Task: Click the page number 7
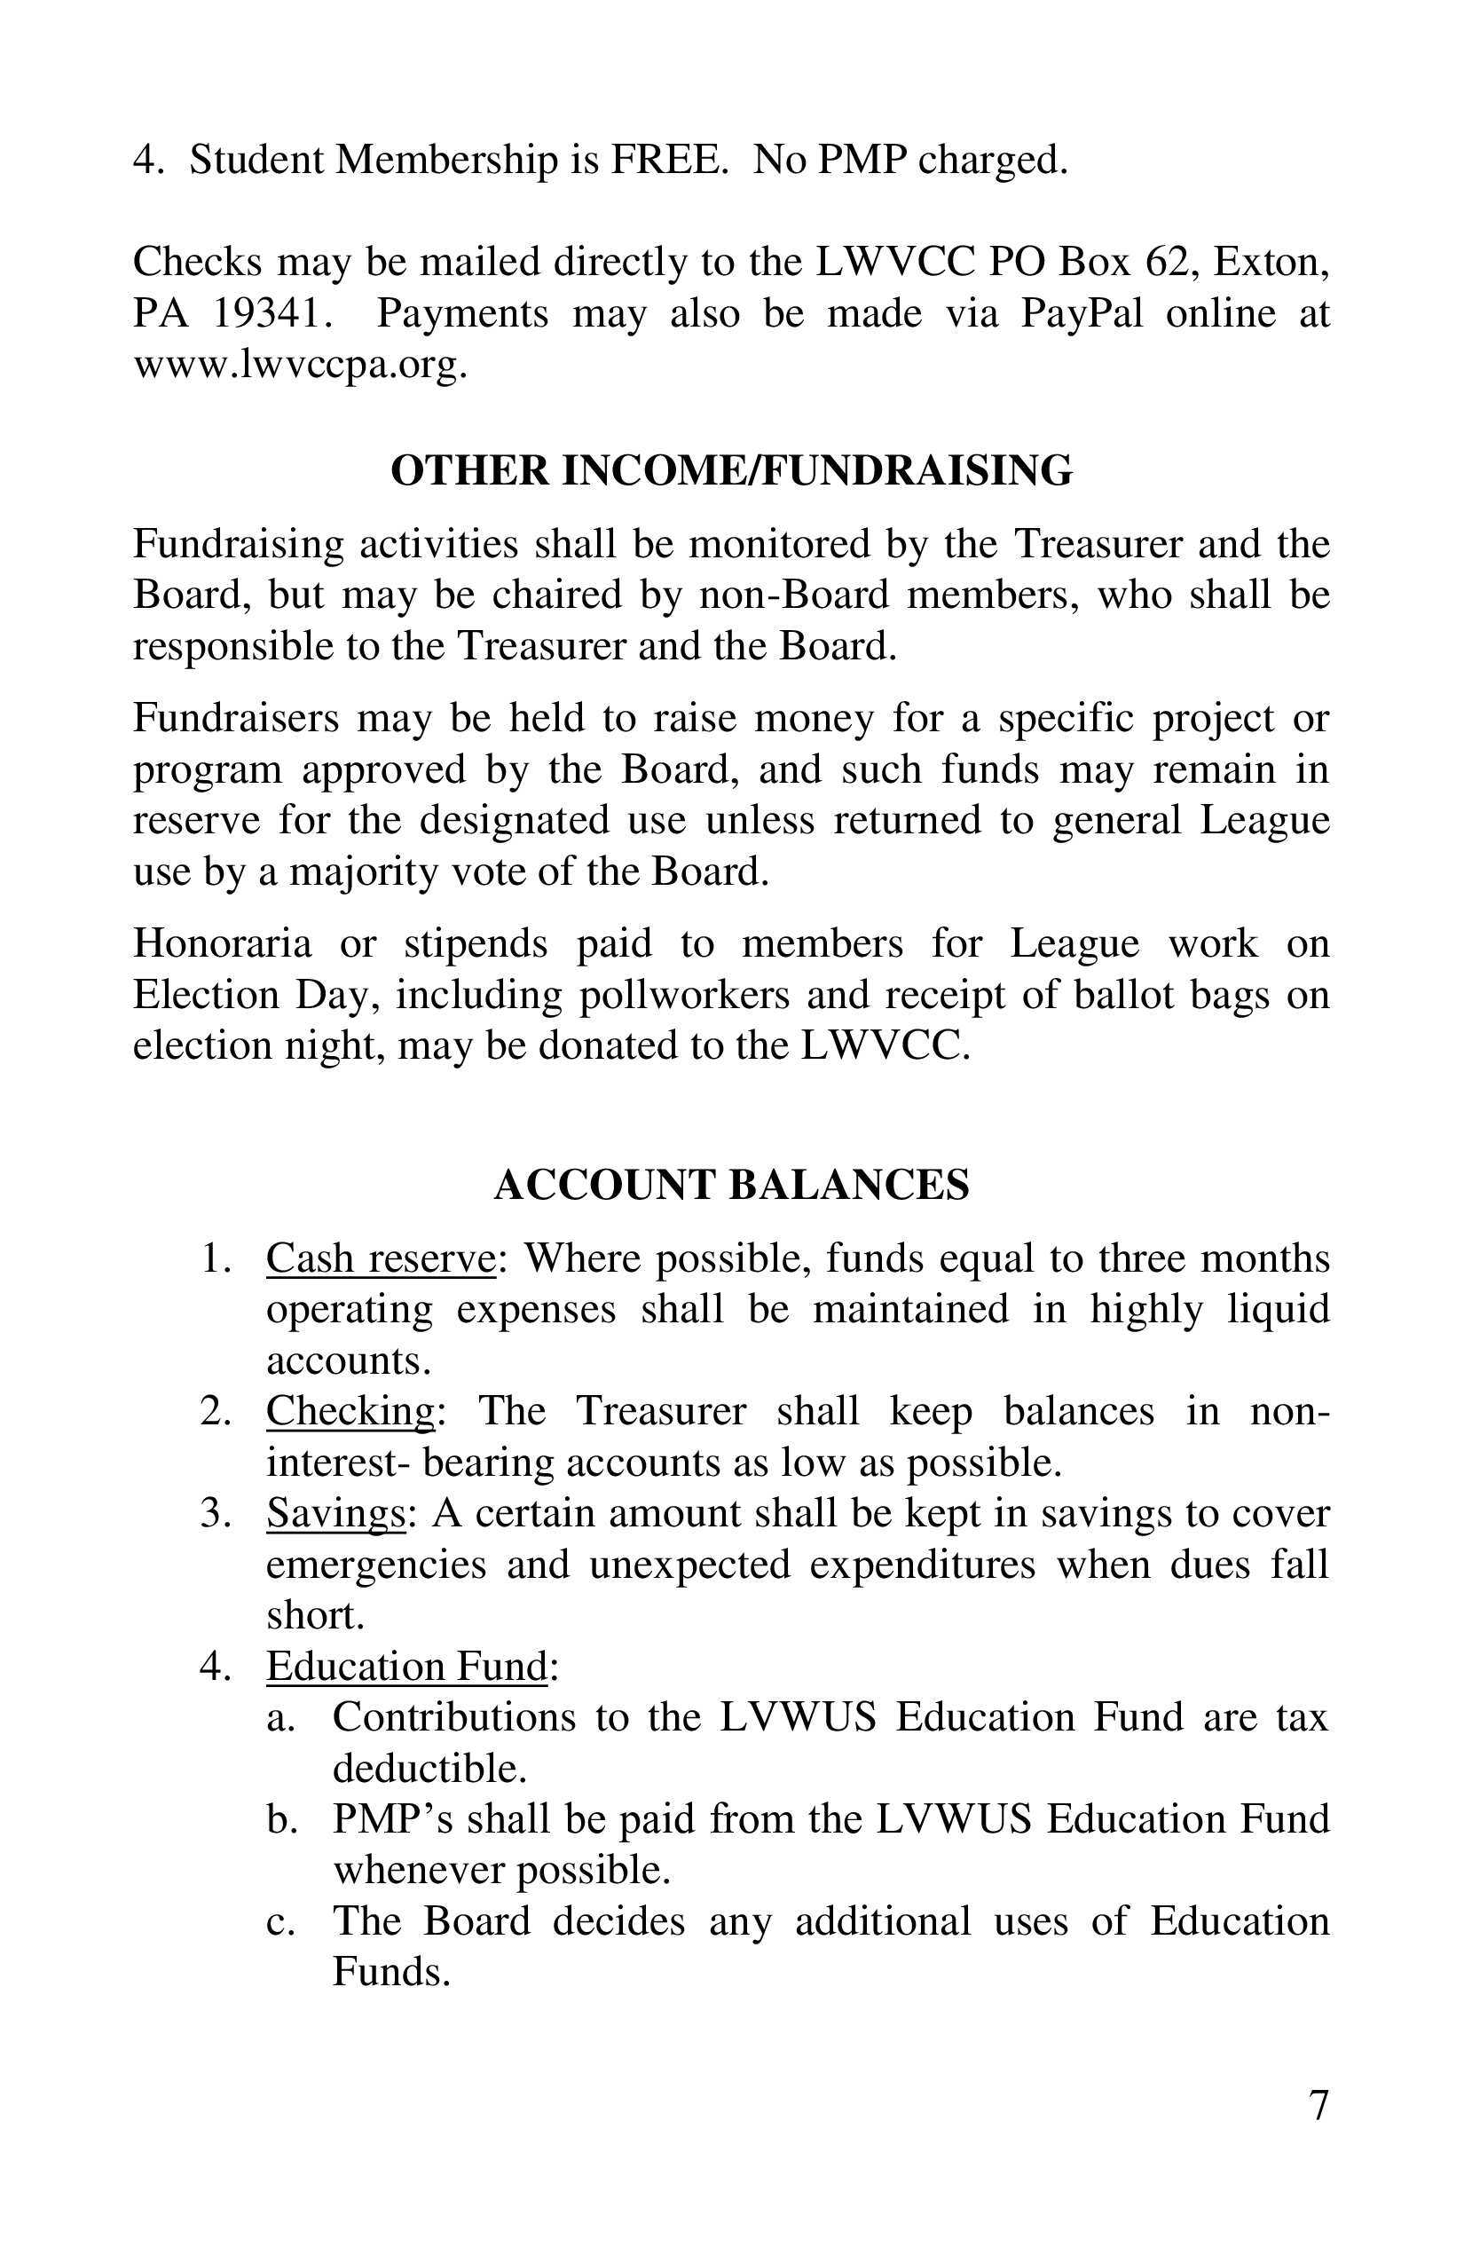point(1318,2106)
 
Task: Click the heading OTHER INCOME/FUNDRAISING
point(731,470)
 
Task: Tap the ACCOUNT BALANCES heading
point(731,1185)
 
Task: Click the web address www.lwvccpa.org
point(300,365)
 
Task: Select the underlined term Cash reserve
point(381,1258)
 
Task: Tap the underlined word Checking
point(350,1410)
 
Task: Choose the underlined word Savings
point(335,1513)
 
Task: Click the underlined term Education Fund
point(407,1666)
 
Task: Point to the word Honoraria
point(222,943)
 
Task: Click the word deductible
point(429,1769)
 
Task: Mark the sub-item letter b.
point(278,1819)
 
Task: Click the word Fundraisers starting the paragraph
point(235,718)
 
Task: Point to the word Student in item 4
point(256,160)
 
